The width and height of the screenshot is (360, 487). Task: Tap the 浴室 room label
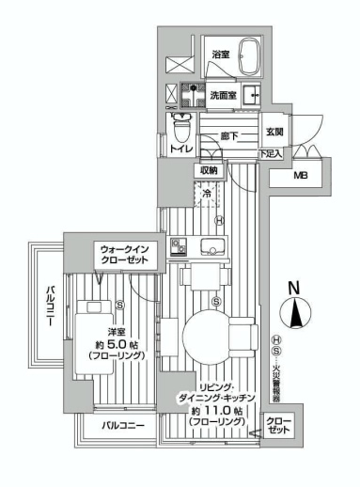pos(221,54)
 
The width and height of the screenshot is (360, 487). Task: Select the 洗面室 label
pos(223,95)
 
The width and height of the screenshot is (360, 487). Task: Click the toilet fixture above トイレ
pos(182,124)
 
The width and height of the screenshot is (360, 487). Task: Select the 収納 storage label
pos(209,170)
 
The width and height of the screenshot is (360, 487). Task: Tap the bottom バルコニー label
pos(122,426)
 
